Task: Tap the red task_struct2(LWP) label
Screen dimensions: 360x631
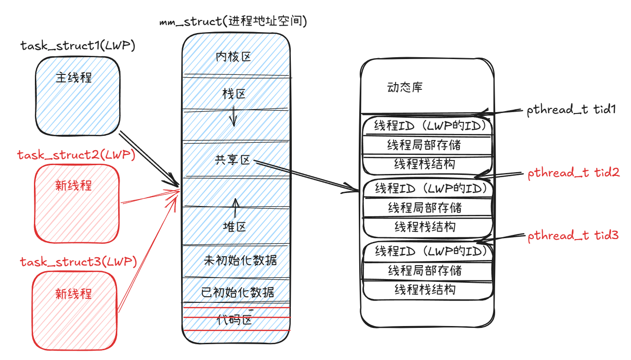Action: pos(76,155)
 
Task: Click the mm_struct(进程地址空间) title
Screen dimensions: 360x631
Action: pos(233,21)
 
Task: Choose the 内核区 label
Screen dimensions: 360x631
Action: pos(234,57)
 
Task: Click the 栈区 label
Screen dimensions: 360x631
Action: pos(234,94)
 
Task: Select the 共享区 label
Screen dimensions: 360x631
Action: pos(233,160)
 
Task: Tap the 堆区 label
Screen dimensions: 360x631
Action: pos(234,227)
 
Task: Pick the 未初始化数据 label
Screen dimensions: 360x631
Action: pos(240,260)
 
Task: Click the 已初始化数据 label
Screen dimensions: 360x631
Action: pos(237,293)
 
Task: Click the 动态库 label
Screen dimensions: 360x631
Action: pos(405,87)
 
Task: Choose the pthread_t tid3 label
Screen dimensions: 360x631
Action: pos(573,236)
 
